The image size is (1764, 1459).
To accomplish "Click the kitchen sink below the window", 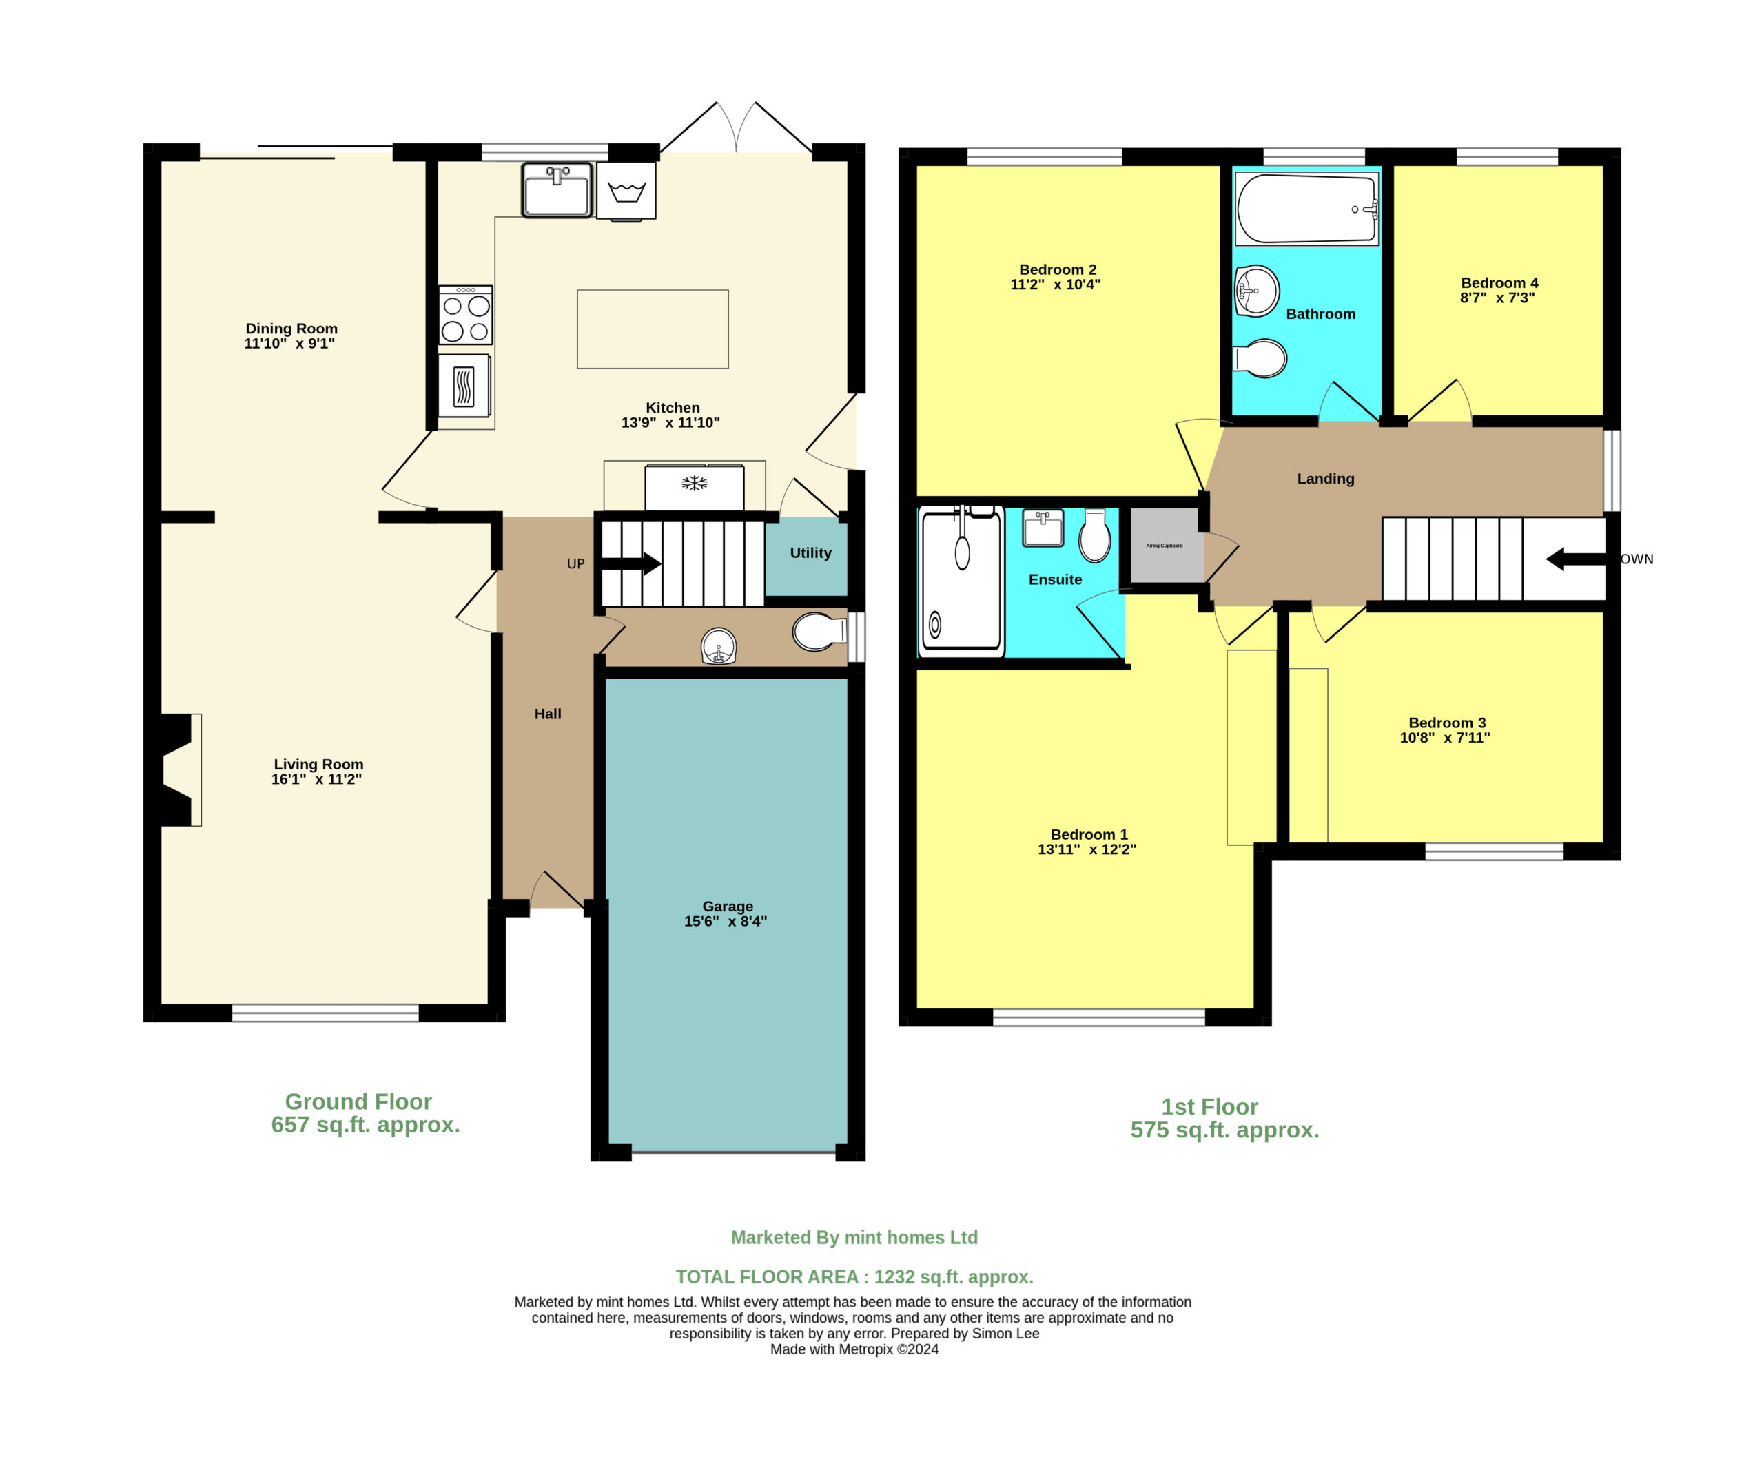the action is pyautogui.click(x=557, y=190).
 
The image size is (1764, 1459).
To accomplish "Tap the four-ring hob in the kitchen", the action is pyautogui.click(x=465, y=315).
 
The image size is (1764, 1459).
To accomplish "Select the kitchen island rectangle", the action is pyautogui.click(x=653, y=329).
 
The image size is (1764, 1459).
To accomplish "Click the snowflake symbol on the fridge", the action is pyautogui.click(x=694, y=483).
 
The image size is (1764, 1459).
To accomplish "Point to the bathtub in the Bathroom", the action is pyautogui.click(x=1307, y=208).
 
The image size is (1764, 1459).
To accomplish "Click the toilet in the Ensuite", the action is pyautogui.click(x=1094, y=535).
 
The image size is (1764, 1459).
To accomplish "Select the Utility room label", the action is pyautogui.click(x=810, y=552).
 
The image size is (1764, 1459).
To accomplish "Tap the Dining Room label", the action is pyautogui.click(x=291, y=329).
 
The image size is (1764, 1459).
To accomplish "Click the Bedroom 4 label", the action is pyautogui.click(x=1499, y=283).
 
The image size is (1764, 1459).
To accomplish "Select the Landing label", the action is pyautogui.click(x=1326, y=479).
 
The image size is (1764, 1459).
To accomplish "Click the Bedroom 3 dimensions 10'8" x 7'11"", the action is pyautogui.click(x=1445, y=738).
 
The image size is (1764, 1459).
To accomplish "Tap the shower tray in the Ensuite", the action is pyautogui.click(x=962, y=581).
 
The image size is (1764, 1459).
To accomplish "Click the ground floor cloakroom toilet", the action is pyautogui.click(x=820, y=632).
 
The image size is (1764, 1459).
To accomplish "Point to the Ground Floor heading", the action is pyautogui.click(x=359, y=1101).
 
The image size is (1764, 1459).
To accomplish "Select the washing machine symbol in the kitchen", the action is pyautogui.click(x=626, y=192).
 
